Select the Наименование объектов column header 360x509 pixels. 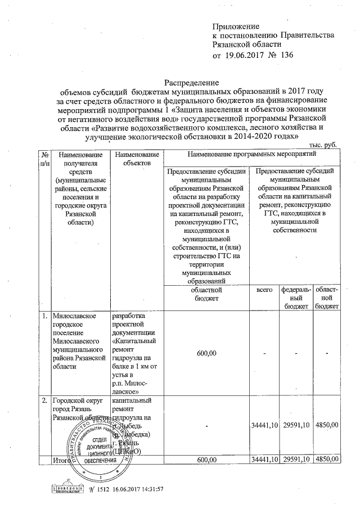point(136,158)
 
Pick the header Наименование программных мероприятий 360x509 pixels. point(251,154)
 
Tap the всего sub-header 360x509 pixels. point(264,290)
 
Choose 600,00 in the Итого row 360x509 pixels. point(206,460)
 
